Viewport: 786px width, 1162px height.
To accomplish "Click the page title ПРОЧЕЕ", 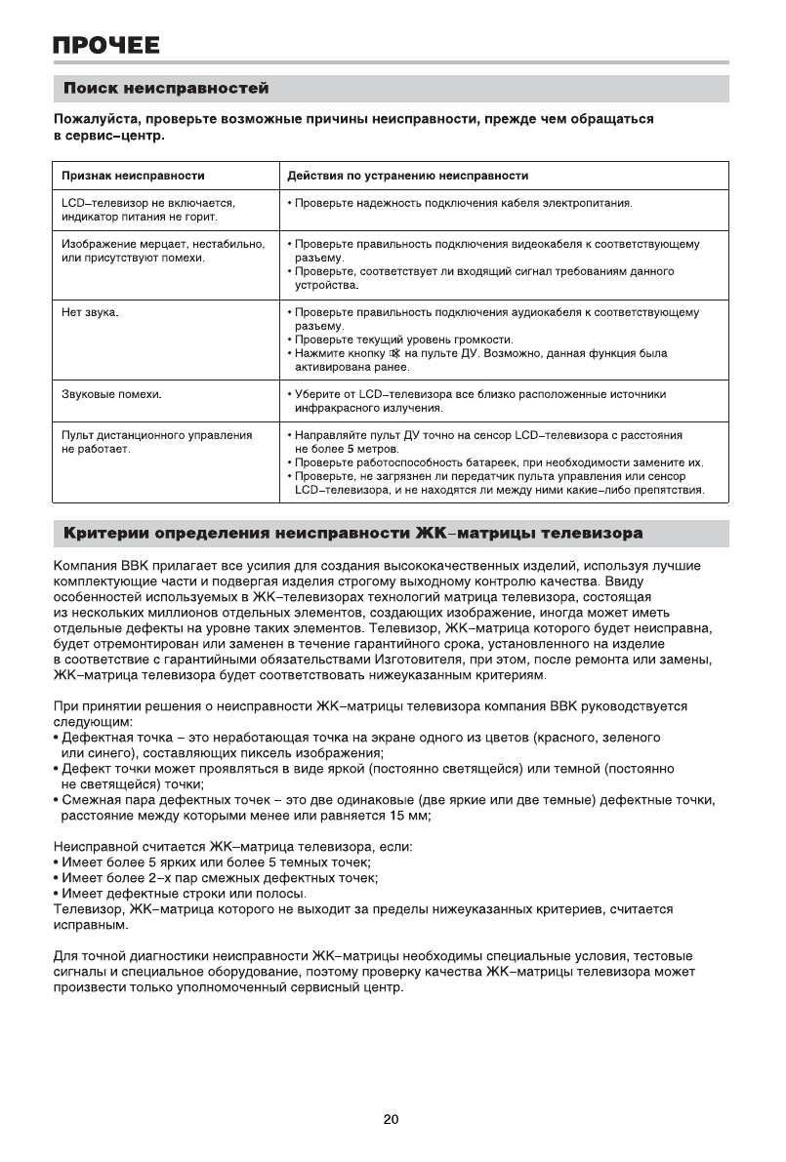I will [x=106, y=46].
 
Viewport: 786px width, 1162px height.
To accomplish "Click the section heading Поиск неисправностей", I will [x=166, y=90].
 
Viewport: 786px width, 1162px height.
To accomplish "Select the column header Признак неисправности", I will [x=133, y=176].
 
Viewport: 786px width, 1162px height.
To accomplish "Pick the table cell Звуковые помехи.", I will [x=111, y=394].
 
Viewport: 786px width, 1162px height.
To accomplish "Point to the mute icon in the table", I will [x=394, y=353].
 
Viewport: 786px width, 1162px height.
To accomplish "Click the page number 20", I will [x=391, y=1120].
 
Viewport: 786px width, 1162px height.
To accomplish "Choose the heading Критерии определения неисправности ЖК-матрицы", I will [x=352, y=535].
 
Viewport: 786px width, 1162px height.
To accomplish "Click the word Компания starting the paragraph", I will [x=82, y=564].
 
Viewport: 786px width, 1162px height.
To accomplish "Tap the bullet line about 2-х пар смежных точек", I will [x=219, y=878].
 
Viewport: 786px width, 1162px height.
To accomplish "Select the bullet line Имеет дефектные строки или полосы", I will [x=184, y=894].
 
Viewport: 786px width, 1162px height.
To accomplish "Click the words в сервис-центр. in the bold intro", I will [x=108, y=136].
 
